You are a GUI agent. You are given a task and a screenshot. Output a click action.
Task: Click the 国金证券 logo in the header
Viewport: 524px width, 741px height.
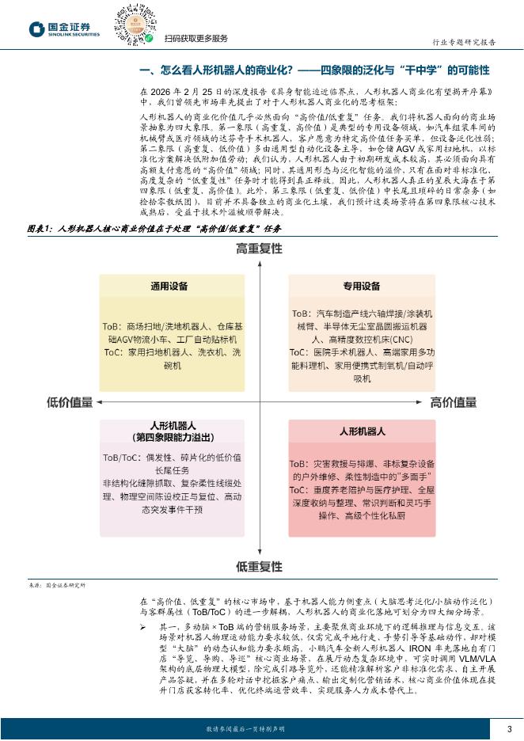click(x=64, y=29)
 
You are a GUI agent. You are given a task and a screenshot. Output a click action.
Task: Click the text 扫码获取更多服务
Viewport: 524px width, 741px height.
click(x=196, y=39)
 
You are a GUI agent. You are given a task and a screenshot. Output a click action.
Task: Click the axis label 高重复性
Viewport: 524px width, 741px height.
click(x=259, y=249)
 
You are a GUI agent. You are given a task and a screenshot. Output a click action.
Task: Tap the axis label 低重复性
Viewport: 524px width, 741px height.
click(x=259, y=566)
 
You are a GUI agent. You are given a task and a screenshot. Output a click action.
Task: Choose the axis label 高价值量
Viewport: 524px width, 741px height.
click(x=454, y=402)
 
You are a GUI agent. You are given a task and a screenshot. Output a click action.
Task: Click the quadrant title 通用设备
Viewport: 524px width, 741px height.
click(x=169, y=287)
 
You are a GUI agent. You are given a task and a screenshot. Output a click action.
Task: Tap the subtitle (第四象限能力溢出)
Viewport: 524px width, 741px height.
click(x=170, y=436)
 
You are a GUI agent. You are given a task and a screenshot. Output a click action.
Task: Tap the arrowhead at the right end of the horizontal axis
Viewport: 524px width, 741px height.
click(x=424, y=402)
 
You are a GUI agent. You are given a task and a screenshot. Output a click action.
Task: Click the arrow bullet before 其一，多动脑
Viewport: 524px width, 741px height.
click(x=143, y=628)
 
